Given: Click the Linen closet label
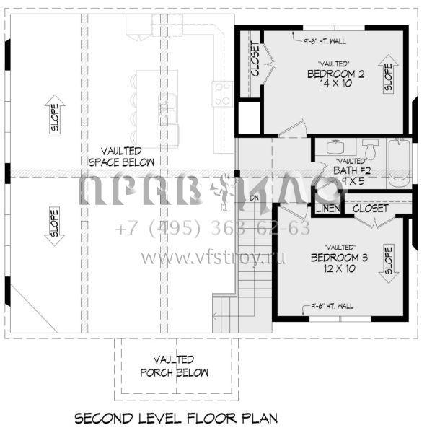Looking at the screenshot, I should pos(327,209).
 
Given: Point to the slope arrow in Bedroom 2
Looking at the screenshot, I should pos(388,76).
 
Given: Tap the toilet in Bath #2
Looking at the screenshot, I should pos(370,148).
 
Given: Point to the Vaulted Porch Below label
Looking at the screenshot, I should pos(173,366).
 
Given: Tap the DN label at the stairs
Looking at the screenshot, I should pos(254,196).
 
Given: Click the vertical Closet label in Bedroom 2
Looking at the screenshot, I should pos(255,61).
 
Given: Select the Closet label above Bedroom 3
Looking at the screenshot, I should pos(371,208).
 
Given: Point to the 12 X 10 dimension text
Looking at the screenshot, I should pos(335,268).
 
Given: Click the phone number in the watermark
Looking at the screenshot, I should pos(213,228).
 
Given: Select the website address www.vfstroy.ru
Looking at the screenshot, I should pos(213,257).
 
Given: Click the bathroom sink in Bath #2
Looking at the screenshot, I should pos(335,146).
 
